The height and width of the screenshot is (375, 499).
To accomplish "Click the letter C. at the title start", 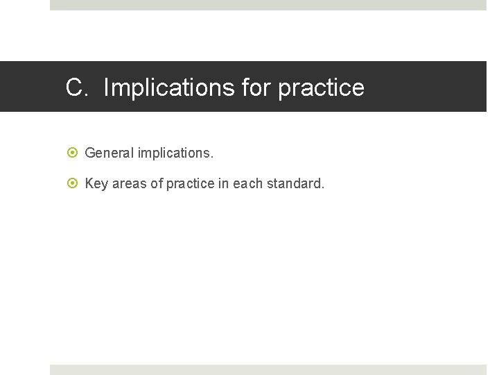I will pos(76,87).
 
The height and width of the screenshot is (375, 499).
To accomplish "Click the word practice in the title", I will pos(321,87).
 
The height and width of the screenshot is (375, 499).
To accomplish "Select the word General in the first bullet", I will pos(110,152).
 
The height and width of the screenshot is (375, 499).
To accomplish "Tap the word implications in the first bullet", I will pos(176,152).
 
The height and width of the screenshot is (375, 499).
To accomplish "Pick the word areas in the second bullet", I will pos(129,184).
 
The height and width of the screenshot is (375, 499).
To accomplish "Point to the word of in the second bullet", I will pos(157,184).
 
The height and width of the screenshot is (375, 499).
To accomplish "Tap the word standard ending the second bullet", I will pos(295,184).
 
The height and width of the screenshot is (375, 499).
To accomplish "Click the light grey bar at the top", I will pos(268,5).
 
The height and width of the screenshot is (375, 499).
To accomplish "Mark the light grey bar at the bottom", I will pos(268,369).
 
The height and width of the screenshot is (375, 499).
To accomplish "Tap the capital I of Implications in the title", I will pos(106,87).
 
